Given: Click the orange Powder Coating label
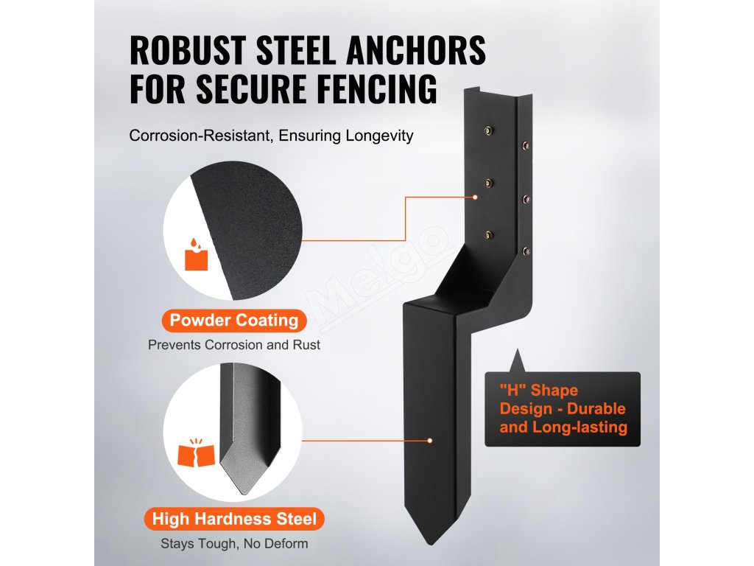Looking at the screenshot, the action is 233,320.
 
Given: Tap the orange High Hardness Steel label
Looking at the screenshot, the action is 234,519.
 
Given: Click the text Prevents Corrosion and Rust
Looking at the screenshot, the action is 234,344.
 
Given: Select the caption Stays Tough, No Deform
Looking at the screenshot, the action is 234,544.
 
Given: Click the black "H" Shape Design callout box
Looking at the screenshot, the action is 563,409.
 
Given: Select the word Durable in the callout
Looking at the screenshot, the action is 596,408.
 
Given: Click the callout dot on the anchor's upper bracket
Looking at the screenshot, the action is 476,198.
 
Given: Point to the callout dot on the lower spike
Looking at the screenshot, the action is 429,441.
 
